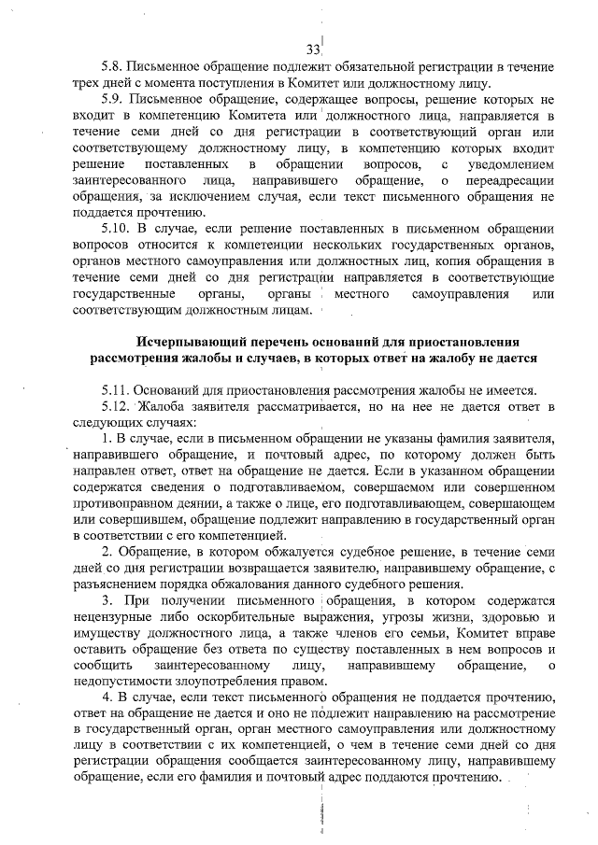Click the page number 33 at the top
tap(313, 49)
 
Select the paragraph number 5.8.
tap(114, 67)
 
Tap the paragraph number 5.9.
tap(114, 98)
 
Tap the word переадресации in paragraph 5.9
tap(507, 178)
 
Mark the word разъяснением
tap(120, 584)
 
